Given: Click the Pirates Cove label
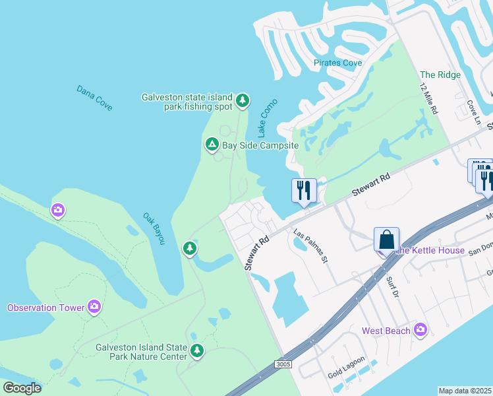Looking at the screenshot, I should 337,63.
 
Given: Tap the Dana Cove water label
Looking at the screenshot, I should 94,97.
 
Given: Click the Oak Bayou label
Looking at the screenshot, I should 154,228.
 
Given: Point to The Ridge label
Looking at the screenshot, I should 440,75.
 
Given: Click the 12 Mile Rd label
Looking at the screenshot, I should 429,100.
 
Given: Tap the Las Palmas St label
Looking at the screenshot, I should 310,246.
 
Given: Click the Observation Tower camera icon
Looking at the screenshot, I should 94,306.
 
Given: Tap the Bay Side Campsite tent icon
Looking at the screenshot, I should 212,143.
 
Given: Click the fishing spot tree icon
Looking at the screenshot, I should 243,100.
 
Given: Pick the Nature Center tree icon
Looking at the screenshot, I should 196,350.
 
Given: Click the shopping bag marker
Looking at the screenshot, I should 386,239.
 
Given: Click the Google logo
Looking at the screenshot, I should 22,387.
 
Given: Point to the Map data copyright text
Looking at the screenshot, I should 465,391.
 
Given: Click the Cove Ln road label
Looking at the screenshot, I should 473,112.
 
